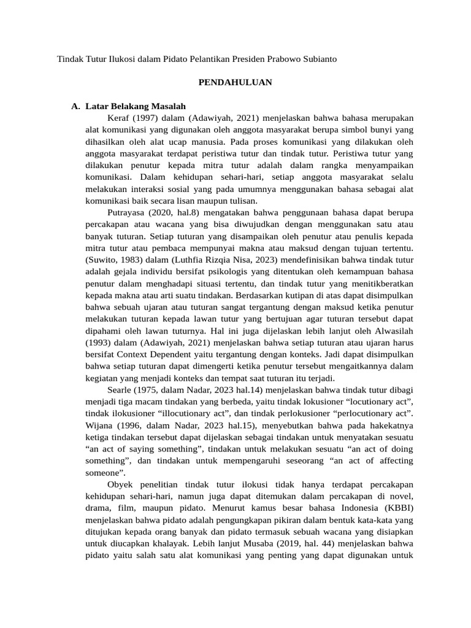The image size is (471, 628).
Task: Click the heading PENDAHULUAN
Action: (235, 82)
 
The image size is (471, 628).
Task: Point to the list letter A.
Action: (75, 106)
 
